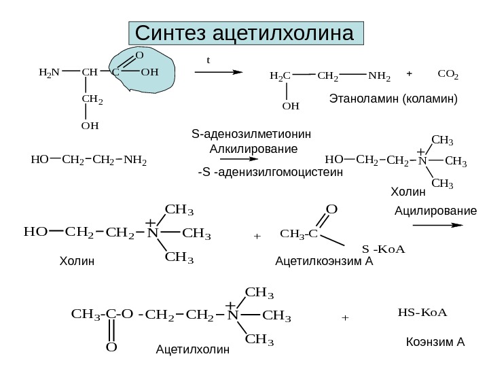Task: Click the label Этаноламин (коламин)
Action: coord(394,99)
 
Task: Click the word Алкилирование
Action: coord(254,147)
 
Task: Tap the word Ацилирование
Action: coord(435,212)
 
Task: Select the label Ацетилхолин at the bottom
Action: coord(194,350)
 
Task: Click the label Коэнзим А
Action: coord(435,340)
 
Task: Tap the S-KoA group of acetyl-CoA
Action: coord(384,249)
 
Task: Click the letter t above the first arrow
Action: coord(209,60)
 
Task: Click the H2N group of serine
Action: coord(49,71)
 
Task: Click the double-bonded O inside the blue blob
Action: coord(139,55)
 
